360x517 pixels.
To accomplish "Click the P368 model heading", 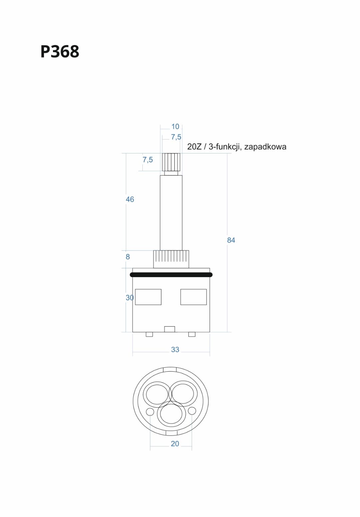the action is [x=60, y=51].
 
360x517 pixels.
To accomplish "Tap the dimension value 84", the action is [x=231, y=240].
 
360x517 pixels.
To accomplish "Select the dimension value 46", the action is [x=130, y=199].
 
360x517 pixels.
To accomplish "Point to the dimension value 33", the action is [x=175, y=350].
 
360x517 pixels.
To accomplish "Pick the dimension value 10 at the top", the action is [x=175, y=126].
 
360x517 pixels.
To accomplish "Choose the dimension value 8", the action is [x=128, y=256].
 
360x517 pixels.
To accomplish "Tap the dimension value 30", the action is [x=130, y=298].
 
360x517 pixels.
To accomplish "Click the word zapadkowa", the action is [x=265, y=147].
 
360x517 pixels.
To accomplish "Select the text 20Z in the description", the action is [x=194, y=147].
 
